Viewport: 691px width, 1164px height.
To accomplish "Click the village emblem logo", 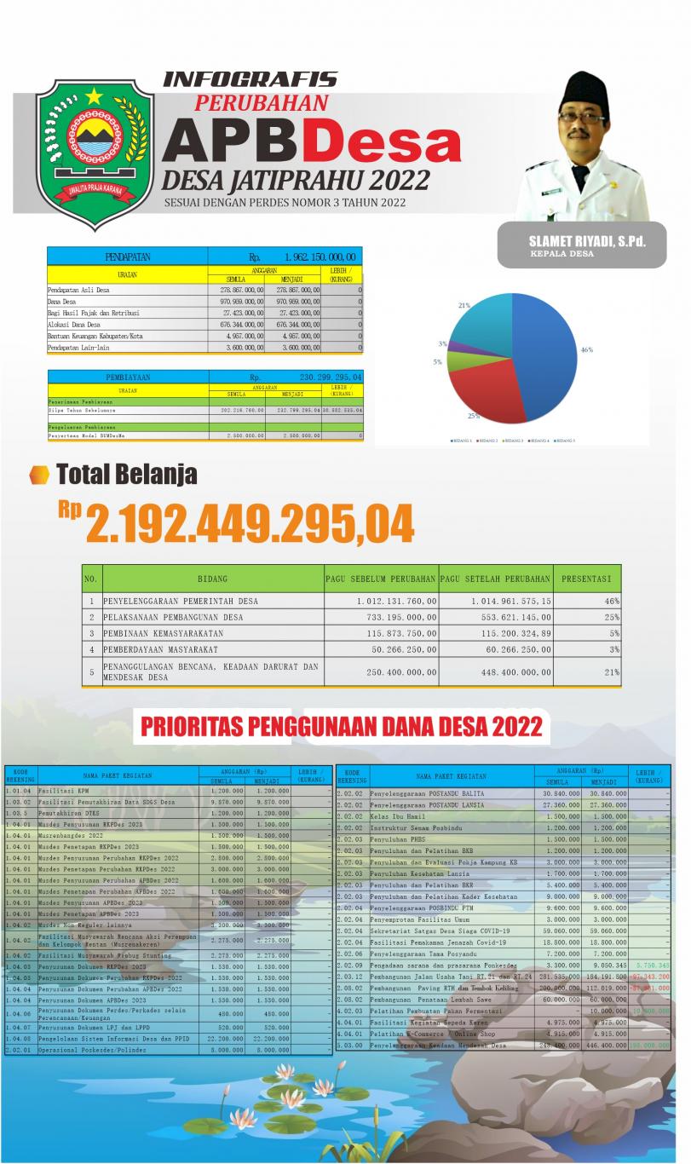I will [x=95, y=151].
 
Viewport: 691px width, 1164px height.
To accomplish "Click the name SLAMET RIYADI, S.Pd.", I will [x=586, y=241].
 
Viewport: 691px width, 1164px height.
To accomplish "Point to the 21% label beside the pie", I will [x=464, y=304].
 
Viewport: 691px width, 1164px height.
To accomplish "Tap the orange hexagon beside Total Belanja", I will [x=38, y=475].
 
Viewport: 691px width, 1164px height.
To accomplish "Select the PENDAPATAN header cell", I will [x=127, y=256].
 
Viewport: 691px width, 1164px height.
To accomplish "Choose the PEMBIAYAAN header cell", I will [x=128, y=377].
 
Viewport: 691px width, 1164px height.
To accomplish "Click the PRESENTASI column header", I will [x=586, y=579].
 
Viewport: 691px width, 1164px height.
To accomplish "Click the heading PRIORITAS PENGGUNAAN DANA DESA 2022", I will [x=341, y=727].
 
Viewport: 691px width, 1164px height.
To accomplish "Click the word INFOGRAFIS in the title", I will [x=250, y=80].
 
